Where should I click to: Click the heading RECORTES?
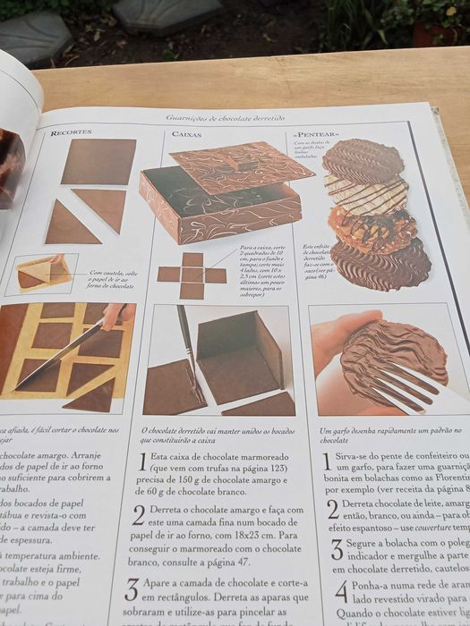click(x=71, y=132)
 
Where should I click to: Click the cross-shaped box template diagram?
click(x=192, y=275)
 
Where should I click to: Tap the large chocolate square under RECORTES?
click(x=98, y=161)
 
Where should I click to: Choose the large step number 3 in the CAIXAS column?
click(x=132, y=589)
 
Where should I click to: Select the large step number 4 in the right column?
click(x=341, y=592)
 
